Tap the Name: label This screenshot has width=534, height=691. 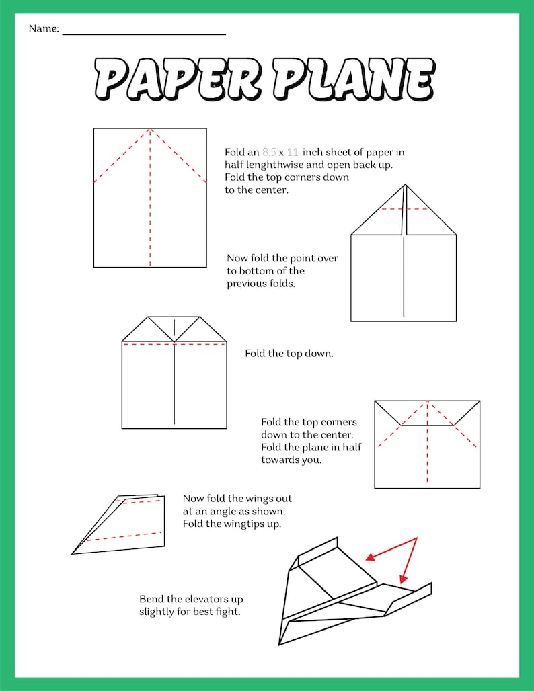click(44, 29)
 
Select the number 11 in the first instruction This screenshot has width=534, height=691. click(292, 153)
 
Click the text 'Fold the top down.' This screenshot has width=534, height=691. click(289, 353)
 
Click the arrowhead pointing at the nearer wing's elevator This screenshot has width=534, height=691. click(403, 579)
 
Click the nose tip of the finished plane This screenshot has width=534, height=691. click(281, 639)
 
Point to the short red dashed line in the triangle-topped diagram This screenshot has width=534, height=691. click(404, 209)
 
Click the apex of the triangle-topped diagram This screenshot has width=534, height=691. click(404, 185)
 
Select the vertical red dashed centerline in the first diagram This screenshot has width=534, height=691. click(150, 202)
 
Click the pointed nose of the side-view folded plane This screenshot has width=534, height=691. click(73, 553)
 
